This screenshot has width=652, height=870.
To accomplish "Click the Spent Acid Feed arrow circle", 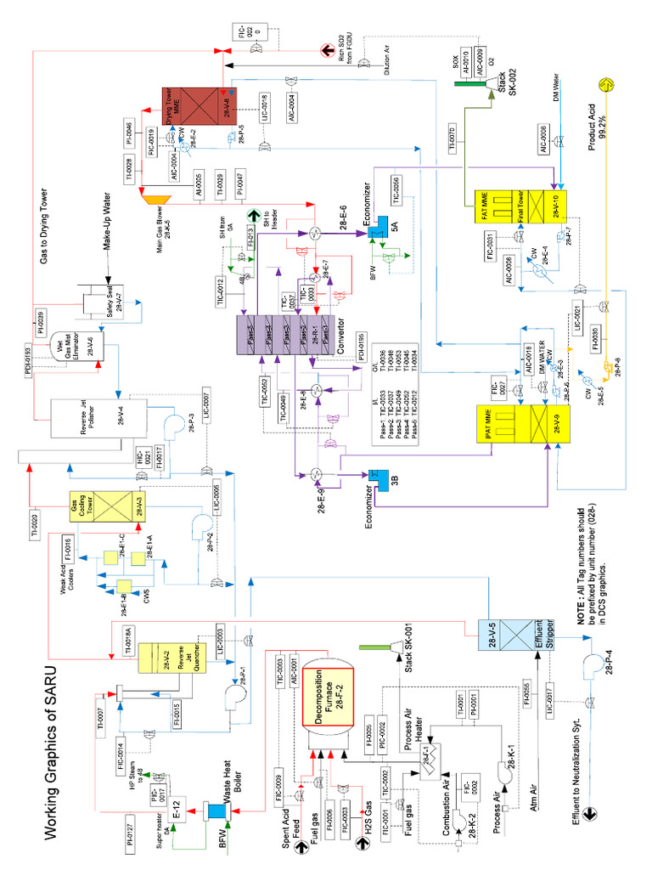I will pyautogui.click(x=301, y=824).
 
